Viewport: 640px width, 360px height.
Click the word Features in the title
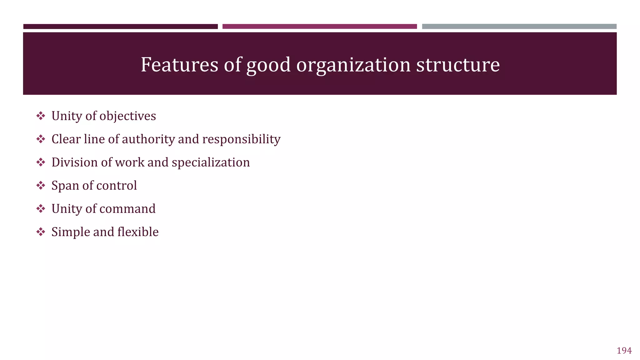[x=179, y=65]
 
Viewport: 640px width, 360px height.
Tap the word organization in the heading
[x=353, y=65]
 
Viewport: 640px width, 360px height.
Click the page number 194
[x=624, y=351]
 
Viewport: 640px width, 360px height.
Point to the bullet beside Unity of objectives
[x=41, y=116]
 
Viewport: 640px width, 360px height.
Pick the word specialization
[x=211, y=162]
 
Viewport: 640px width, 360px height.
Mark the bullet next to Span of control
[x=41, y=186]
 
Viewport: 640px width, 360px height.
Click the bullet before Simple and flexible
[x=41, y=232]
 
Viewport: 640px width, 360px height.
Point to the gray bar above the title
[x=519, y=27]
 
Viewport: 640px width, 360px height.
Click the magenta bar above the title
[x=319, y=27]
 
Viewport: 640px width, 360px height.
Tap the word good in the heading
[x=268, y=65]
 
